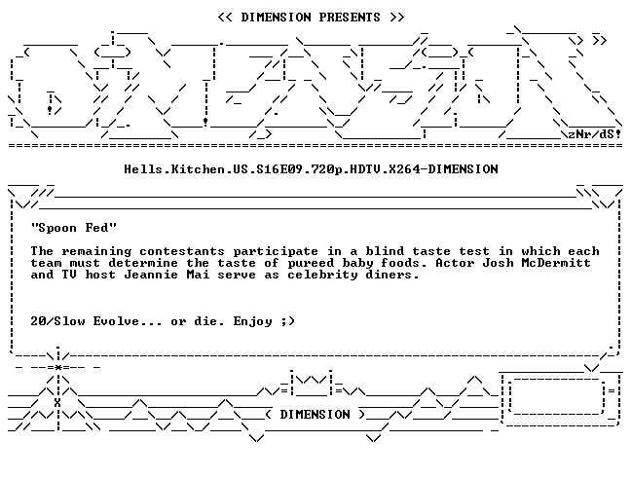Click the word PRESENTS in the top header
(350, 18)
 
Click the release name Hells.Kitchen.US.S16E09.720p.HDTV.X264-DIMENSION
(311, 169)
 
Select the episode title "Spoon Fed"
(74, 228)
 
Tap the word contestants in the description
(182, 251)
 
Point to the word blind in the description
(385, 251)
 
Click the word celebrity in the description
(322, 276)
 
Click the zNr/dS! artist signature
(594, 134)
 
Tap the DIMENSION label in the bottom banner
(315, 414)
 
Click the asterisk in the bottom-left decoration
(58, 367)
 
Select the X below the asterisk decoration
(57, 403)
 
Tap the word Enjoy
(252, 321)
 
